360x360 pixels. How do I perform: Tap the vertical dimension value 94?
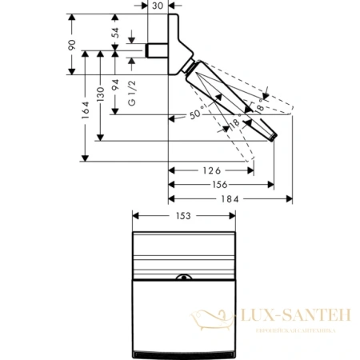116,85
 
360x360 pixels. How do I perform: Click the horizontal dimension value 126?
210,170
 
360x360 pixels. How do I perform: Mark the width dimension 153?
184,215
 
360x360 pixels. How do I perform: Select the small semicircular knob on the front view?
184,279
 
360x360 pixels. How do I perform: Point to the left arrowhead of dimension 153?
135,216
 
